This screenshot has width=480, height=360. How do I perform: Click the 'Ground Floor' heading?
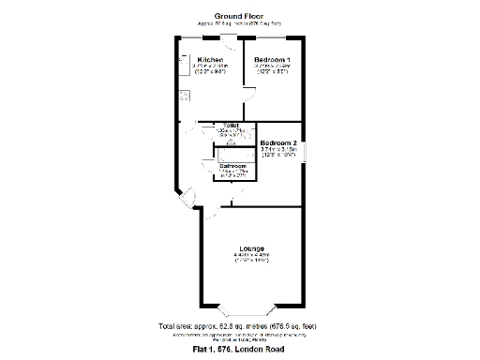click(x=239, y=16)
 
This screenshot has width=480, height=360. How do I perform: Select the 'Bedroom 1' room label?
click(x=272, y=60)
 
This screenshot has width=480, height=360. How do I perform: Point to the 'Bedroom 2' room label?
click(x=278, y=143)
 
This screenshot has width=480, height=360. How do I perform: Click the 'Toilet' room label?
click(x=230, y=125)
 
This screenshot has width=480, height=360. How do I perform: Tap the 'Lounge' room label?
click(x=251, y=247)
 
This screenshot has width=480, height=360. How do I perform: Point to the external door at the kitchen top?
click(x=228, y=38)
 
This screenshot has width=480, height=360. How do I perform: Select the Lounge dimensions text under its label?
click(x=251, y=258)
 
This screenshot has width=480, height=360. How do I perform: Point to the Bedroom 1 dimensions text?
click(x=272, y=68)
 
